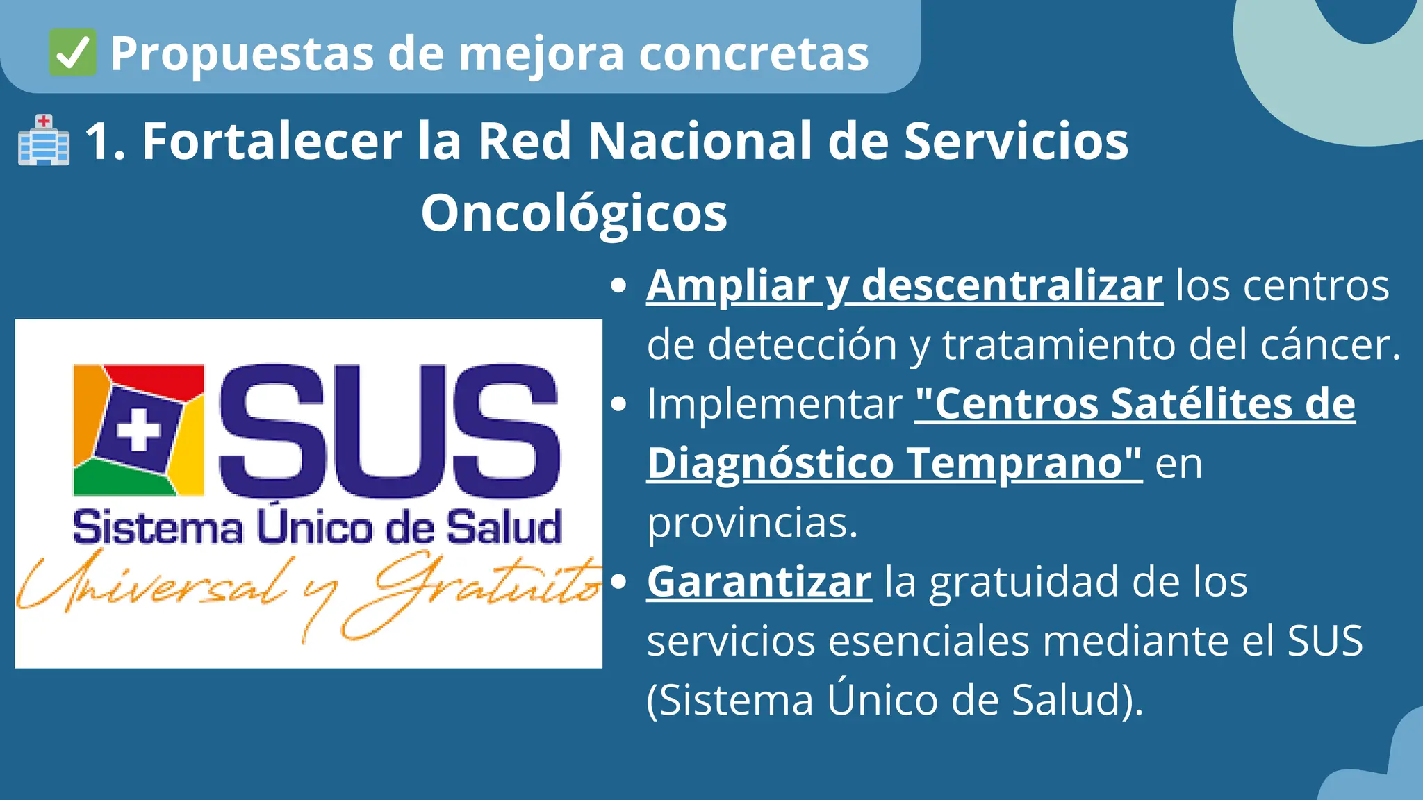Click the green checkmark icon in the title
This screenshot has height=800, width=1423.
coord(72,53)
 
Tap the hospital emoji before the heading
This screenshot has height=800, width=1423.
coord(44,140)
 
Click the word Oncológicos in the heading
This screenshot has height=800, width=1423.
coord(574,212)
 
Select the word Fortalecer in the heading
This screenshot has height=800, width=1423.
coord(272,141)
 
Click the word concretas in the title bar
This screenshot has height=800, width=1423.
coord(753,53)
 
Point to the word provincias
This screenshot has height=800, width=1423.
coord(752,522)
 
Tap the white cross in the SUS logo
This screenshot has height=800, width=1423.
coord(138,428)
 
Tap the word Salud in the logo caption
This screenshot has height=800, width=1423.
coord(504,528)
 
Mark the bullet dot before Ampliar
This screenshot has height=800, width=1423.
coord(618,285)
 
